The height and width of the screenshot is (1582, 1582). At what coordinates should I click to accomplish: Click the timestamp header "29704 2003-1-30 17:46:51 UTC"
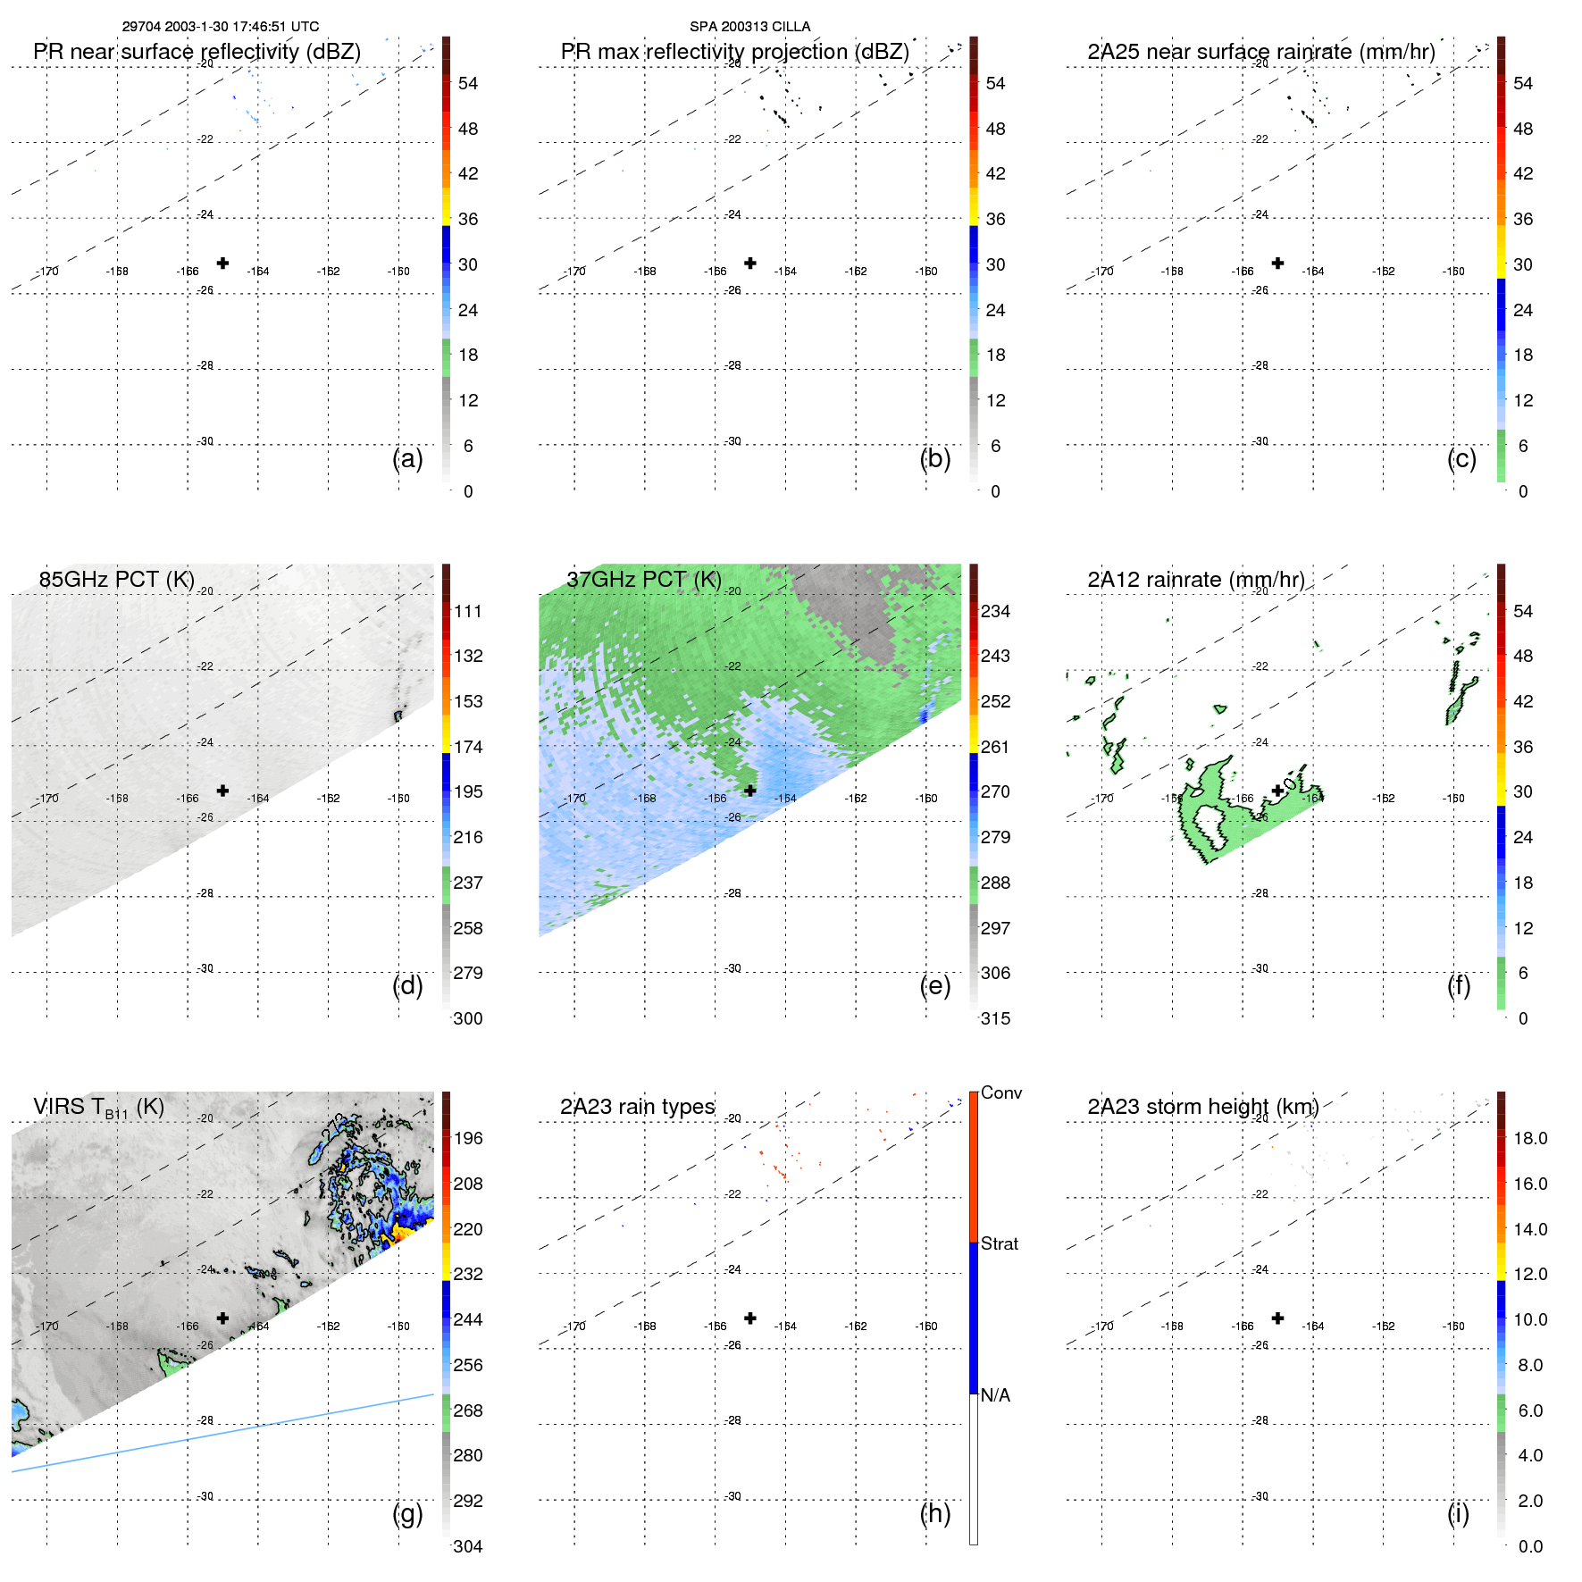[x=220, y=27]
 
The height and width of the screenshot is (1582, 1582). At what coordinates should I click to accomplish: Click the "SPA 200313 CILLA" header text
[x=749, y=27]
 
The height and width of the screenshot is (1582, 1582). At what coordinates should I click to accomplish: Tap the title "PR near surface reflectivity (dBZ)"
[x=197, y=52]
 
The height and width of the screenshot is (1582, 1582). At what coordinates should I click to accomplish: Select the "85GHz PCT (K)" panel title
[x=116, y=580]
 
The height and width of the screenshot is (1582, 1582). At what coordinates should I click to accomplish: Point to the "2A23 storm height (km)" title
[x=1202, y=1107]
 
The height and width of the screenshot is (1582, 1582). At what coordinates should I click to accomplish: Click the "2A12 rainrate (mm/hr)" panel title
[x=1195, y=580]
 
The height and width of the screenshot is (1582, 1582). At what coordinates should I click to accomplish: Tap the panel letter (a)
[x=407, y=459]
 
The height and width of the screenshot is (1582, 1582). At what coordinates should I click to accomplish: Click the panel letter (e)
[x=934, y=986]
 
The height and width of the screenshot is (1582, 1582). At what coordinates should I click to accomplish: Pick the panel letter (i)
[x=1458, y=1513]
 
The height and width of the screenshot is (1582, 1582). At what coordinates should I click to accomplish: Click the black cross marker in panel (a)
[x=222, y=263]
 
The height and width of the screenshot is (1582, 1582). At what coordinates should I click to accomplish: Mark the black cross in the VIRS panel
[x=222, y=1318]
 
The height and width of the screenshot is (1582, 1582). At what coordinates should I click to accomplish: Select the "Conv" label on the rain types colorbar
[x=1000, y=1092]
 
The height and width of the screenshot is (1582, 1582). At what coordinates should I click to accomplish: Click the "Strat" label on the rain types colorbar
[x=999, y=1243]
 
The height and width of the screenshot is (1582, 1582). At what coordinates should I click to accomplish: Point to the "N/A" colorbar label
[x=995, y=1395]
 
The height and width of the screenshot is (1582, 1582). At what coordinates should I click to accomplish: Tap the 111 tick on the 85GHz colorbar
[x=467, y=611]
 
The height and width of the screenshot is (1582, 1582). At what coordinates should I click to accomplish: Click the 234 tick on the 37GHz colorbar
[x=995, y=611]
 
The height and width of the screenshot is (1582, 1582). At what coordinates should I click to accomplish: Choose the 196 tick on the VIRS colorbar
[x=467, y=1138]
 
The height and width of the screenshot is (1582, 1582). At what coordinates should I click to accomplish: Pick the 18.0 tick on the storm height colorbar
[x=1529, y=1138]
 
